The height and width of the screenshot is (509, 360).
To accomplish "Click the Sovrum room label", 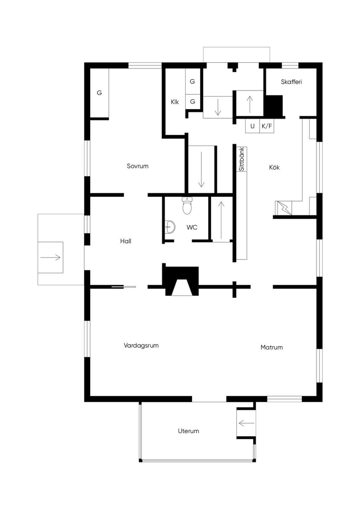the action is tap(137, 166).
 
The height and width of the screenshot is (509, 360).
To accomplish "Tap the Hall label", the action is tap(126, 241).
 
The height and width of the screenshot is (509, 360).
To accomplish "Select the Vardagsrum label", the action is tap(141, 346).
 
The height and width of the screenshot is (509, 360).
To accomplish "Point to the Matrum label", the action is tap(272, 347).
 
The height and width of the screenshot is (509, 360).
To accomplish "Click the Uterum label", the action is tap(188, 431).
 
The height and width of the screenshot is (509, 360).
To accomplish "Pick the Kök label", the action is tap(274, 167).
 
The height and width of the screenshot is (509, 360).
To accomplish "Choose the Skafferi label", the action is tap(291, 82).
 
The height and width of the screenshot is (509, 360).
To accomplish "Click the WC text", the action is tap(192, 227).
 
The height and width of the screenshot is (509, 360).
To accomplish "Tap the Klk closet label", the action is tap(175, 102).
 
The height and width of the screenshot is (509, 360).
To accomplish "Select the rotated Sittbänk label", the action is tap(242, 159).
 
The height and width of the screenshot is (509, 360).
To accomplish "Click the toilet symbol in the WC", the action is tap(187, 206).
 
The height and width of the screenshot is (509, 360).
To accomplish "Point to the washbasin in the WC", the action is tap(170, 226).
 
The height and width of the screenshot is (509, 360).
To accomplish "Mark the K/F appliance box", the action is tap(267, 126).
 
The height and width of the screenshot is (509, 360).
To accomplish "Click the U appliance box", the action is tap(252, 126).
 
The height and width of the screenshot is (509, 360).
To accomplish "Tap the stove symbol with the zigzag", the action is tap(283, 208).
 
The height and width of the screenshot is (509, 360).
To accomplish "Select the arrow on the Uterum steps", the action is tap(246, 423).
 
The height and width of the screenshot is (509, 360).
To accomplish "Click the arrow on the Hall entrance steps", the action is tap(51, 257).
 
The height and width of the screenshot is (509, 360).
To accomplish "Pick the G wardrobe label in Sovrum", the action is tap(99, 93).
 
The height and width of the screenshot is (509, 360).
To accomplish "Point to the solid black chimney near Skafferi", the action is tap(273, 106).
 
